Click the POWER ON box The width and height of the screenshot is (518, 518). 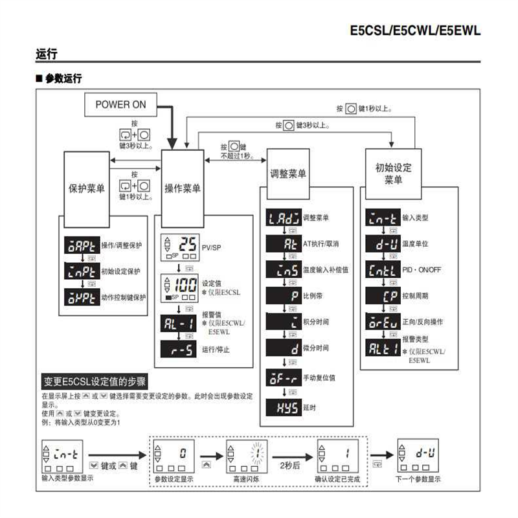tap(121, 104)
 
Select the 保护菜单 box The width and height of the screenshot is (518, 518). tap(87, 188)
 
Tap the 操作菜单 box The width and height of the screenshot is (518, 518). tap(182, 188)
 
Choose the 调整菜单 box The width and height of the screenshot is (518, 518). tap(287, 174)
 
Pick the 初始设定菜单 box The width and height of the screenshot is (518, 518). tap(393, 174)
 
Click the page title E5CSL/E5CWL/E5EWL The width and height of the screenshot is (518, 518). tap(414, 30)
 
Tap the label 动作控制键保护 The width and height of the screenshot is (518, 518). tap(124, 297)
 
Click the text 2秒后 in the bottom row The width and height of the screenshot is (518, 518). tap(289, 465)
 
